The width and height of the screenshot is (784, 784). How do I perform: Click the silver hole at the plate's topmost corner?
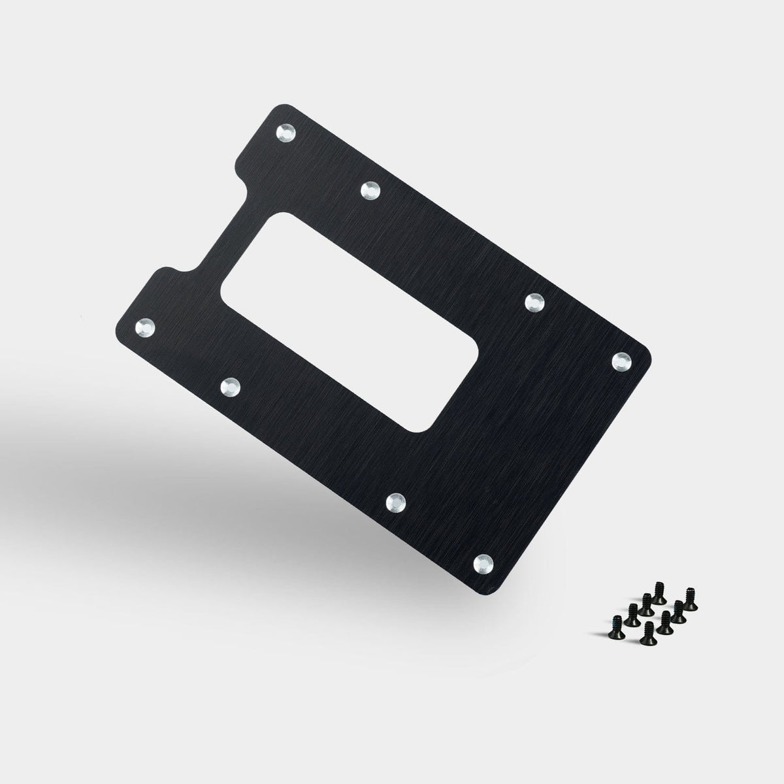click(286, 134)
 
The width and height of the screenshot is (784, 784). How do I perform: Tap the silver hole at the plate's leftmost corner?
click(146, 326)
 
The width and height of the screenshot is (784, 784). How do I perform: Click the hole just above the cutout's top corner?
click(369, 189)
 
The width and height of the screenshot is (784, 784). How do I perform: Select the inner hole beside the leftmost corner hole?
click(230, 387)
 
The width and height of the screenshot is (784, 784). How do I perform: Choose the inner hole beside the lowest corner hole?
click(396, 502)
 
